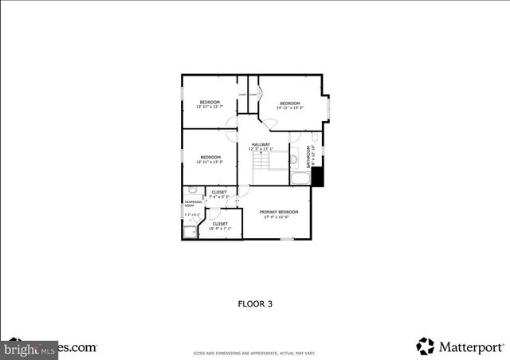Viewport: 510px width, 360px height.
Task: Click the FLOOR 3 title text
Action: pyautogui.click(x=255, y=303)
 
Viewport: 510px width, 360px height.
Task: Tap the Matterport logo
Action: pyautogui.click(x=460, y=346)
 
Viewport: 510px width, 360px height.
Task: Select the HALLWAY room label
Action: pyautogui.click(x=261, y=144)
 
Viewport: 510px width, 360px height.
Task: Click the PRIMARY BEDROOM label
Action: pyautogui.click(x=279, y=212)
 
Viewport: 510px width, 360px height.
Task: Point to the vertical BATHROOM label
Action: pyautogui.click(x=312, y=158)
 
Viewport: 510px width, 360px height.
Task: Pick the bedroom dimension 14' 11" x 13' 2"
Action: pyautogui.click(x=290, y=108)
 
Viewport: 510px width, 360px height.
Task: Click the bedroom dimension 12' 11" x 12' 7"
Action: pyautogui.click(x=210, y=107)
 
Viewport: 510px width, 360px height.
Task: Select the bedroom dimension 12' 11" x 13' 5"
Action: pyautogui.click(x=210, y=162)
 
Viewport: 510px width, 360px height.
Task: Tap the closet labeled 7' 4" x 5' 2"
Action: pyautogui.click(x=219, y=197)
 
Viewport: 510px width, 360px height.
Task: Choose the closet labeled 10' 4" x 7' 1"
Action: pyautogui.click(x=219, y=229)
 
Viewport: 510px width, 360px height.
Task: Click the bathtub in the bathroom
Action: pyautogui.click(x=300, y=178)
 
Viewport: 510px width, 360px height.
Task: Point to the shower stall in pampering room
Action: pyautogui.click(x=190, y=232)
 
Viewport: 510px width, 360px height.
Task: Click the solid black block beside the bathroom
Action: pyautogui.click(x=317, y=178)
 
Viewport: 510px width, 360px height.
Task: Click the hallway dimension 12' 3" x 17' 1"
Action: pyautogui.click(x=261, y=149)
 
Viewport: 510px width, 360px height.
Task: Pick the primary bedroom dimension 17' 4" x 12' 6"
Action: pyautogui.click(x=279, y=217)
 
